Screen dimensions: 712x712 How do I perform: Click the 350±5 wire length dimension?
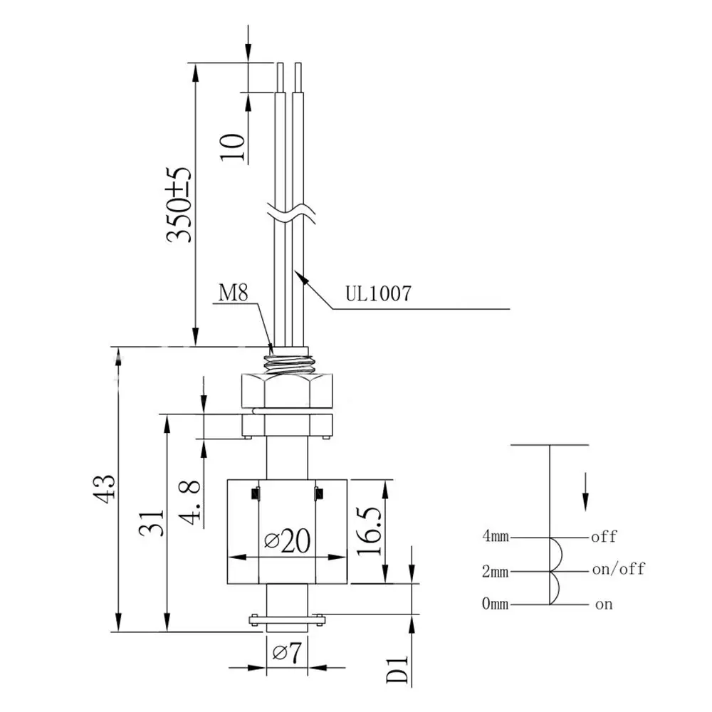tap(179, 205)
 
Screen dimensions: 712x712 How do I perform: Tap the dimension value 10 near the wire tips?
tap(233, 147)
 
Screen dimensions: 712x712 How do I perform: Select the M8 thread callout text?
tap(234, 293)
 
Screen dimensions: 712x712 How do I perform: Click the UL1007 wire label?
tap(378, 294)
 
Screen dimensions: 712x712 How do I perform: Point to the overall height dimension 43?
tap(104, 488)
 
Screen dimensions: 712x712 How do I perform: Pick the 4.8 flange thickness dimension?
tap(189, 502)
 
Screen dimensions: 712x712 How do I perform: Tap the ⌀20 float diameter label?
tap(288, 541)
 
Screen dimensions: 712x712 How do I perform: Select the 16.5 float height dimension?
tap(369, 531)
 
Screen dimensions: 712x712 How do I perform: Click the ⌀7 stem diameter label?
tap(287, 653)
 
